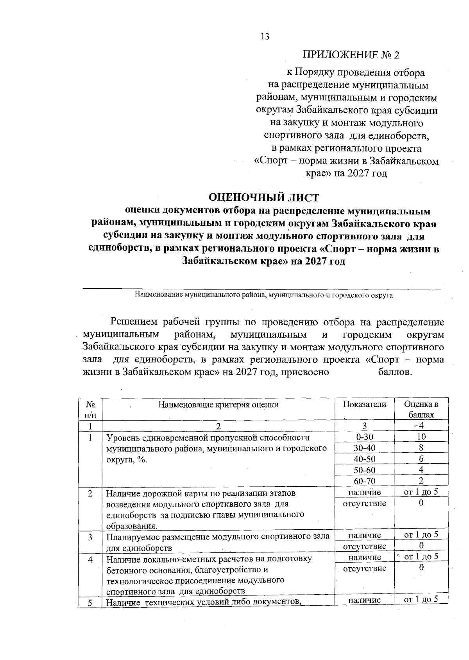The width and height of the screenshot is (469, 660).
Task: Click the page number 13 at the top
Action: (x=264, y=37)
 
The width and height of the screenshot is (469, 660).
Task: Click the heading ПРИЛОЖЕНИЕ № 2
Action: (x=351, y=55)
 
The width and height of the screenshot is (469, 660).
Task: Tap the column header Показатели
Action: (x=364, y=404)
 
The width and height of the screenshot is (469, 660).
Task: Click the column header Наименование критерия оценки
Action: (x=218, y=405)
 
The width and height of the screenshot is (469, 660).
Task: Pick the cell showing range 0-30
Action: (x=364, y=437)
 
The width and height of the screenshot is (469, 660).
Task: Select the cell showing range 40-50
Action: (x=364, y=459)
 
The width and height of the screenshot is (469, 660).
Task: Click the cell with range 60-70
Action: (x=364, y=481)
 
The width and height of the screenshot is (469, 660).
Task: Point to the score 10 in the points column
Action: (x=421, y=437)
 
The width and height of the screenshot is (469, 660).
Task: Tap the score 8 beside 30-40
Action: (x=421, y=448)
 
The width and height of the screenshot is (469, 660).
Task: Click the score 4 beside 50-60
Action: (x=421, y=469)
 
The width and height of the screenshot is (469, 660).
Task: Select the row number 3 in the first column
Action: (x=90, y=537)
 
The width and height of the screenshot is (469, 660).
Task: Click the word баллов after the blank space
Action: (x=395, y=372)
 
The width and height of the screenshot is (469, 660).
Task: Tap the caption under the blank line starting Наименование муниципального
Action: (x=264, y=295)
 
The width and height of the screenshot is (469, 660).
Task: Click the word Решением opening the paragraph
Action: (x=134, y=322)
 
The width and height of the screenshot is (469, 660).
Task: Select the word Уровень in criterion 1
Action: (x=122, y=437)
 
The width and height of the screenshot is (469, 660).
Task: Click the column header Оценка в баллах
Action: (x=421, y=409)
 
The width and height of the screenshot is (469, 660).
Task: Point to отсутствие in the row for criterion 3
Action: (x=364, y=546)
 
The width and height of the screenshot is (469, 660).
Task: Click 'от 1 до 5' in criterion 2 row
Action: (x=421, y=492)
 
